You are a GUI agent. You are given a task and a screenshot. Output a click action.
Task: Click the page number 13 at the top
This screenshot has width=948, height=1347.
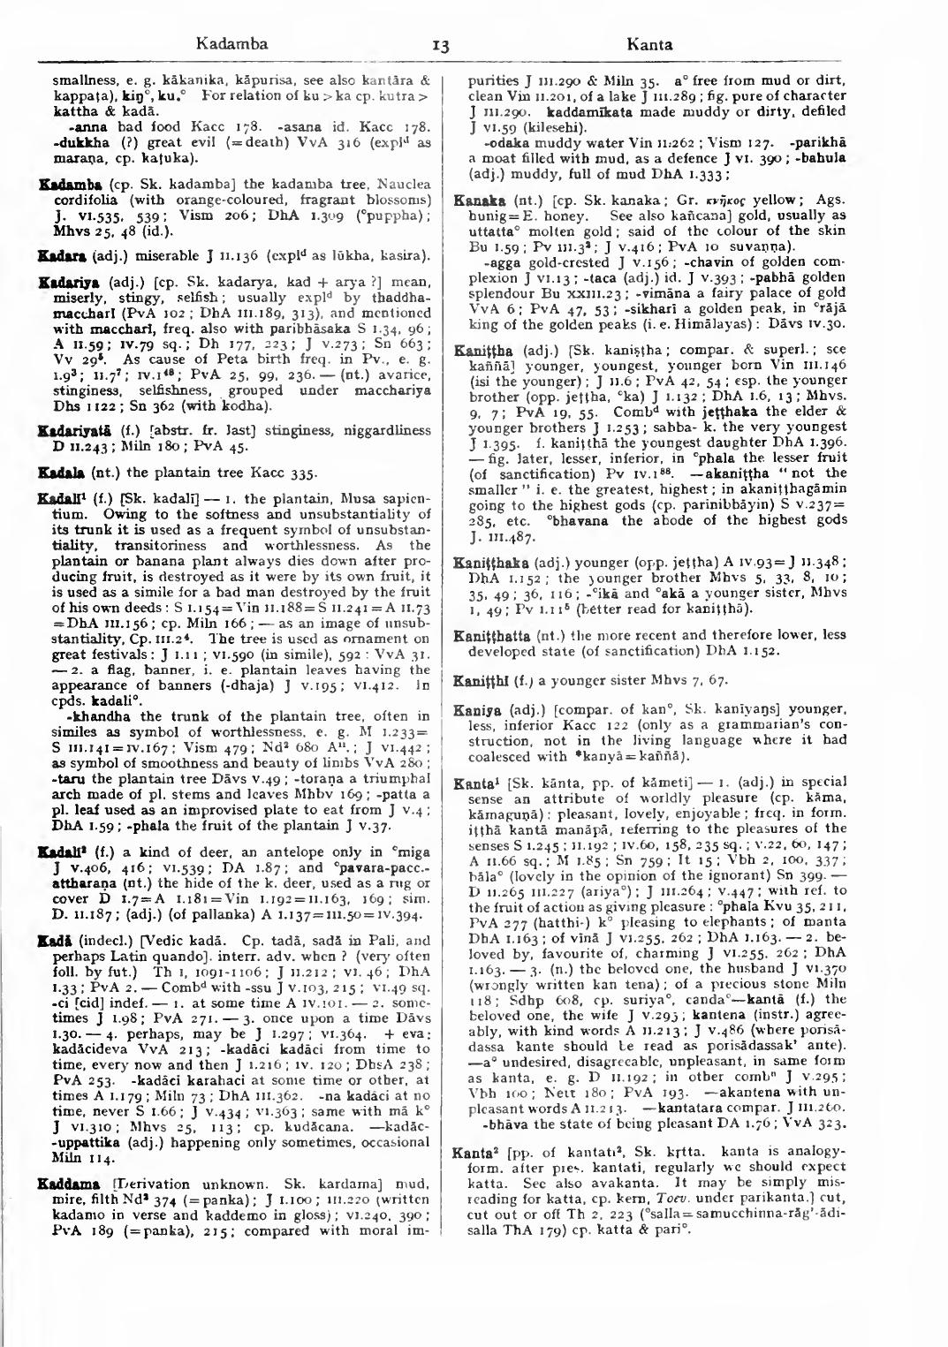pos(443,45)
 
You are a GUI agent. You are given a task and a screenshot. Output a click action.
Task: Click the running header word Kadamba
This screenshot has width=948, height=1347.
pos(232,43)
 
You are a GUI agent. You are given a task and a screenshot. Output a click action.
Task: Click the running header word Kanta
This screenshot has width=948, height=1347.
pos(649,44)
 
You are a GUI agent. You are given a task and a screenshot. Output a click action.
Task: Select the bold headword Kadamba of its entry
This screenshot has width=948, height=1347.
pos(60,184)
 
